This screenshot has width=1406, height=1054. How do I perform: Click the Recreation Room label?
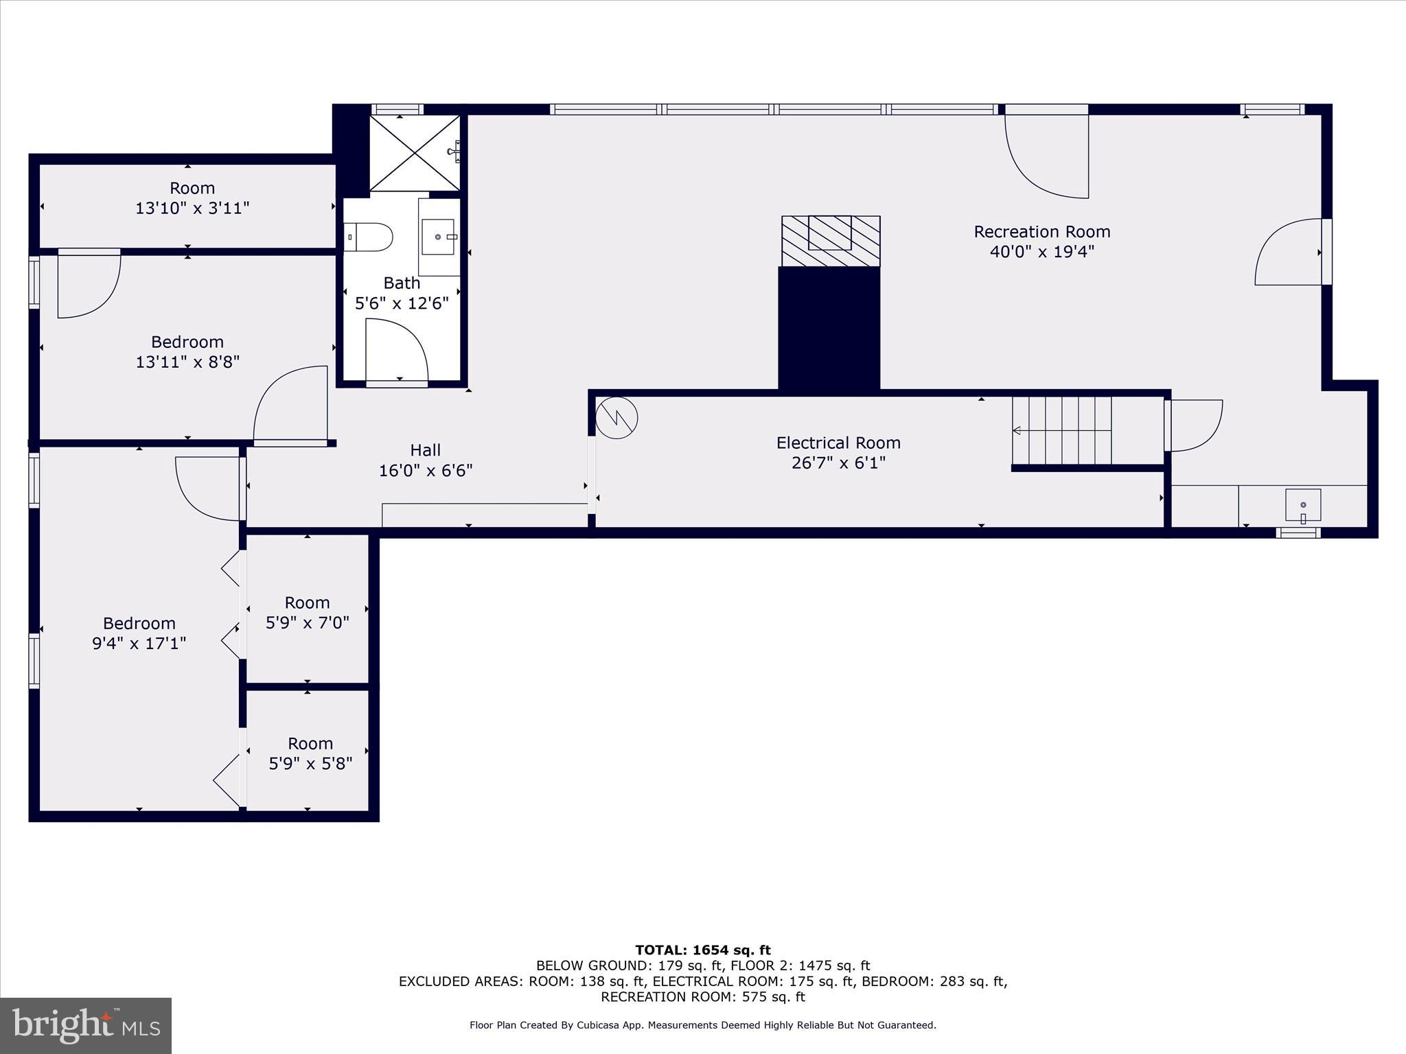[x=1041, y=232]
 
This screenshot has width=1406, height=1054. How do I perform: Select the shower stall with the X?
[x=414, y=153]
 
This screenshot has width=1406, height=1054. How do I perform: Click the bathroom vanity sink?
[x=438, y=237]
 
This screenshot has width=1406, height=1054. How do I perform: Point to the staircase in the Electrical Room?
[x=1062, y=431]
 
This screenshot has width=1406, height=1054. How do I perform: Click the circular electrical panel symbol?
[x=616, y=418]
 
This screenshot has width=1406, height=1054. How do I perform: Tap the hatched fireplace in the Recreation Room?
[x=831, y=241]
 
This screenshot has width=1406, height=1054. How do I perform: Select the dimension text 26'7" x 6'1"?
[x=838, y=463]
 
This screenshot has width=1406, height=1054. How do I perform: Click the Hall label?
[x=425, y=450]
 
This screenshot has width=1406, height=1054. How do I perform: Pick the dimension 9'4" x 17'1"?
[x=139, y=644]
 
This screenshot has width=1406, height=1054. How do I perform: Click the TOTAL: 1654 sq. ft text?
[x=703, y=950]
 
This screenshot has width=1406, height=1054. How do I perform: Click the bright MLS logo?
[x=86, y=1026]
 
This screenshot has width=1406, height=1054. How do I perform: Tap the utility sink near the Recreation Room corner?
[x=1302, y=506]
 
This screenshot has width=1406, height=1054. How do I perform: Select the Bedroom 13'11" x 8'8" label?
[x=187, y=342]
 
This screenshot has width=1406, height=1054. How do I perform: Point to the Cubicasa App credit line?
[x=702, y=1025]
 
